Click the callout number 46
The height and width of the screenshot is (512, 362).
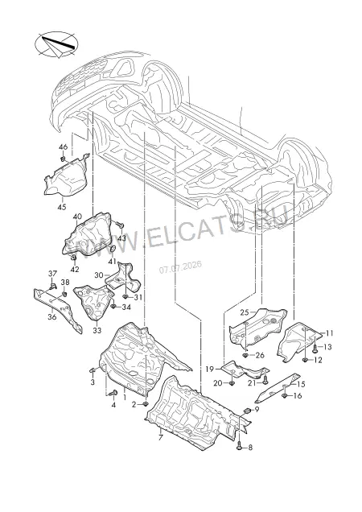63,147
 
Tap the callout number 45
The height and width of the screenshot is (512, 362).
62,207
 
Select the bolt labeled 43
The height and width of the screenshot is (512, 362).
120,225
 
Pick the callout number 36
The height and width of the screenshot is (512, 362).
52,317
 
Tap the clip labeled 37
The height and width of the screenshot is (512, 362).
52,287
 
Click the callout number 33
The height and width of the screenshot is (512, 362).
97,330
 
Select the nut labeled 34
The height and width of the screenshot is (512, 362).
113,307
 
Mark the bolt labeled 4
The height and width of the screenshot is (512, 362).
113,393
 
